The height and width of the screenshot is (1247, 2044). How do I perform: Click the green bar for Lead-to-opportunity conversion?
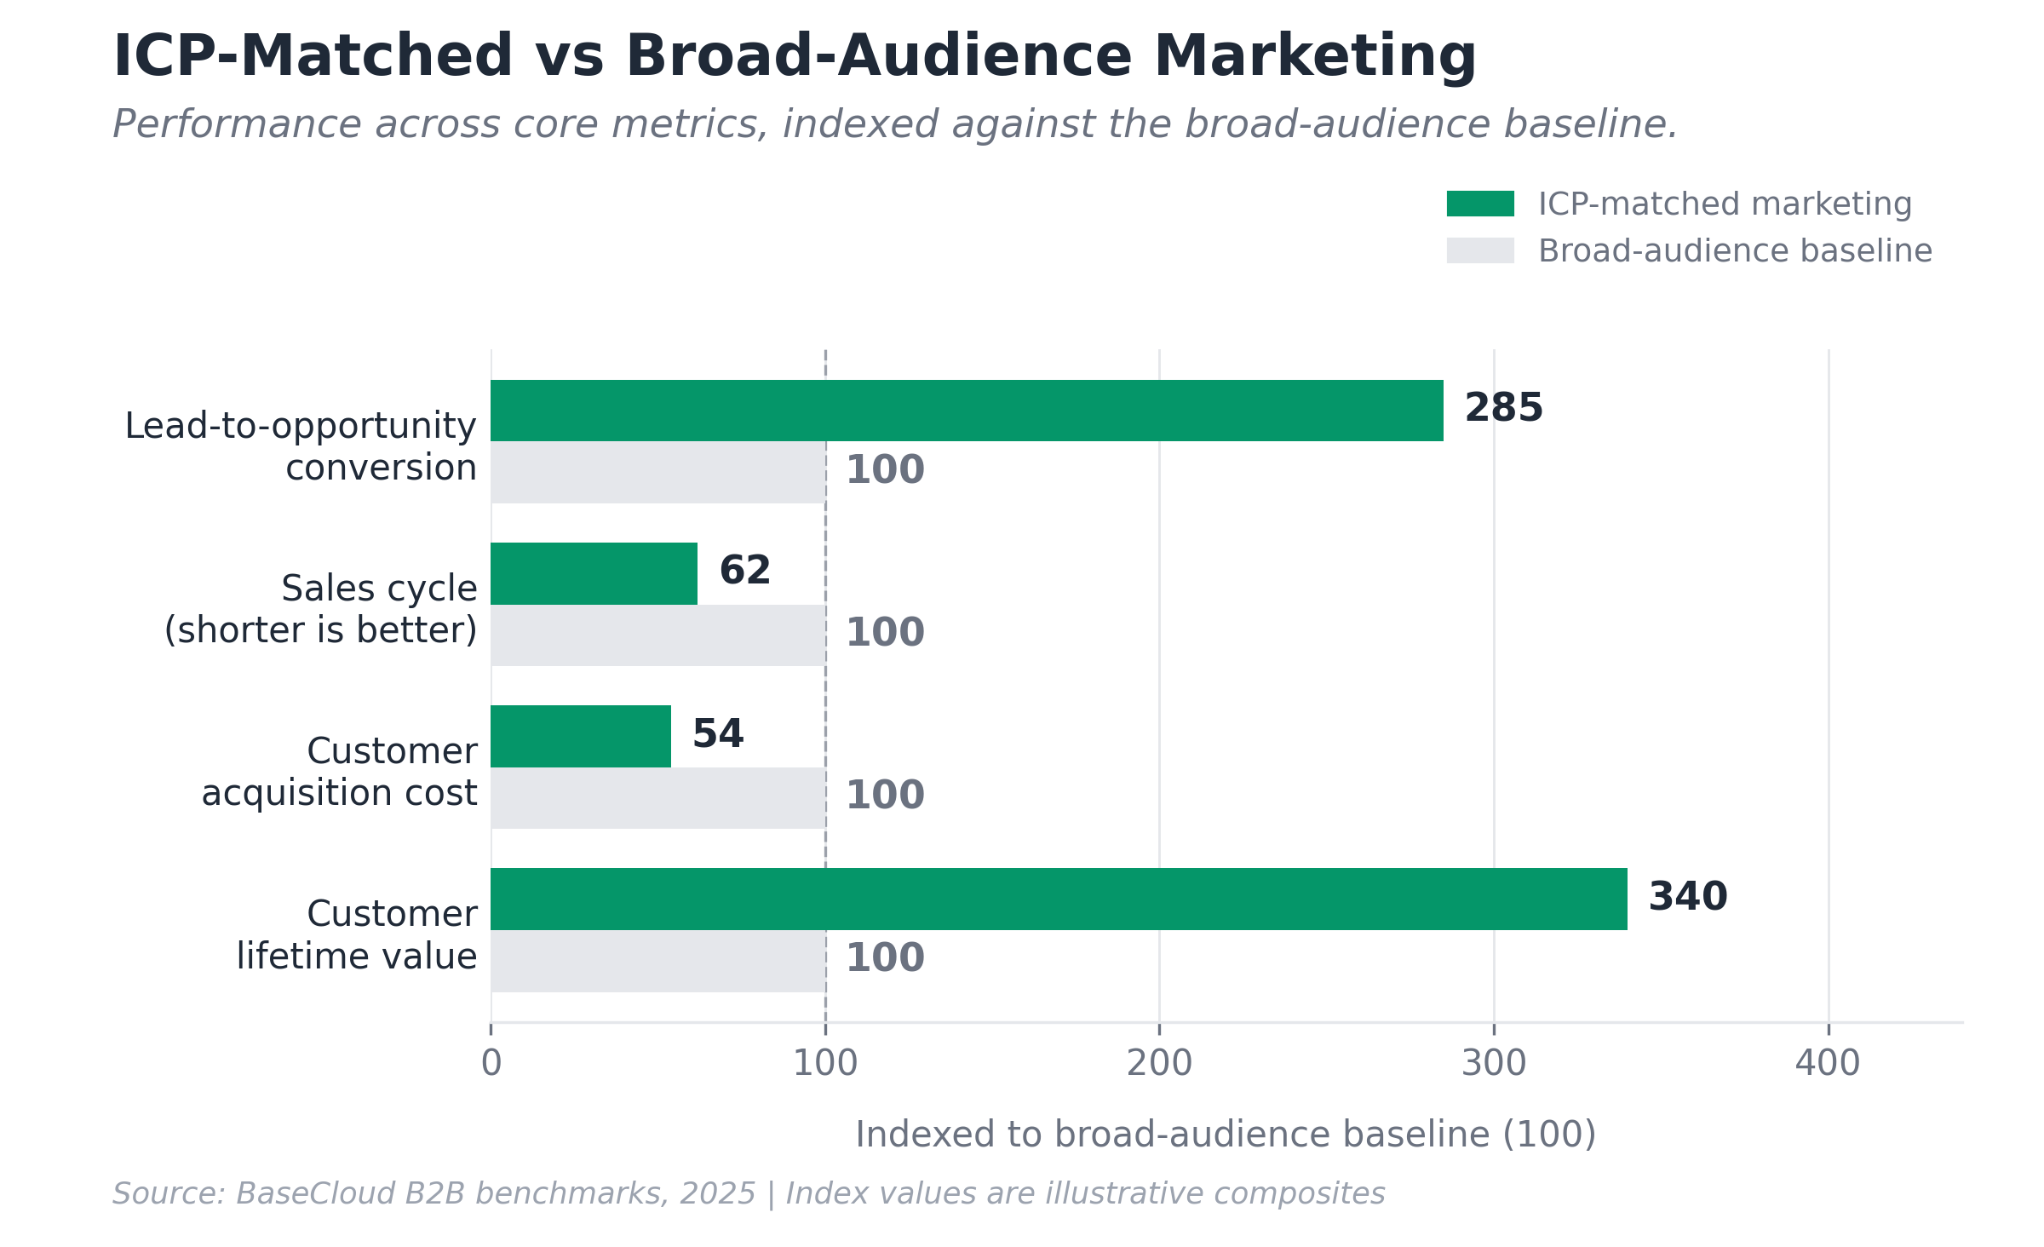point(967,411)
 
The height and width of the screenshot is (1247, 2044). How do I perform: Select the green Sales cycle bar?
point(594,573)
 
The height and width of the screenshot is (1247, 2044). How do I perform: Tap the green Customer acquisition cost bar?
point(581,736)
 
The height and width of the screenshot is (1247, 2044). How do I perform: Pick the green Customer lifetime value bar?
point(1059,899)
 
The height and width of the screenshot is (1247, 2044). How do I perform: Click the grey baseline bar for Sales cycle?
point(657,635)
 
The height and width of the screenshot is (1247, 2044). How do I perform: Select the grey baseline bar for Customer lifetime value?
point(657,961)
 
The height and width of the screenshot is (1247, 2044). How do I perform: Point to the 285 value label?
point(1503,408)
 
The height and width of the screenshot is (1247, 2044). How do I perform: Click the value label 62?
point(745,571)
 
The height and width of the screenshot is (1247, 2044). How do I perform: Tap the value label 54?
point(718,734)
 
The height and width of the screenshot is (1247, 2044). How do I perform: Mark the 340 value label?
point(1688,897)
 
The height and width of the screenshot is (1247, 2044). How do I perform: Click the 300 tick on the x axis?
point(1494,1063)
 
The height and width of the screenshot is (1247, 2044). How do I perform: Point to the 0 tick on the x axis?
point(491,1063)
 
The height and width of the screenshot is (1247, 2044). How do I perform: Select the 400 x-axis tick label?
point(1828,1063)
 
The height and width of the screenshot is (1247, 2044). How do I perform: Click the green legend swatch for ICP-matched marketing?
point(1480,204)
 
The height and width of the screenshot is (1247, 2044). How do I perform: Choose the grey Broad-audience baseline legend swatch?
point(1480,250)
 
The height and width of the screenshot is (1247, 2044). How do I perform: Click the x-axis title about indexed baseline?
point(1226,1135)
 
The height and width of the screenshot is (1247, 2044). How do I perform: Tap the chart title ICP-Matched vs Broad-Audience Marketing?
point(794,56)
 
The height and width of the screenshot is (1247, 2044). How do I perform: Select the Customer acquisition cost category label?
point(339,772)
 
